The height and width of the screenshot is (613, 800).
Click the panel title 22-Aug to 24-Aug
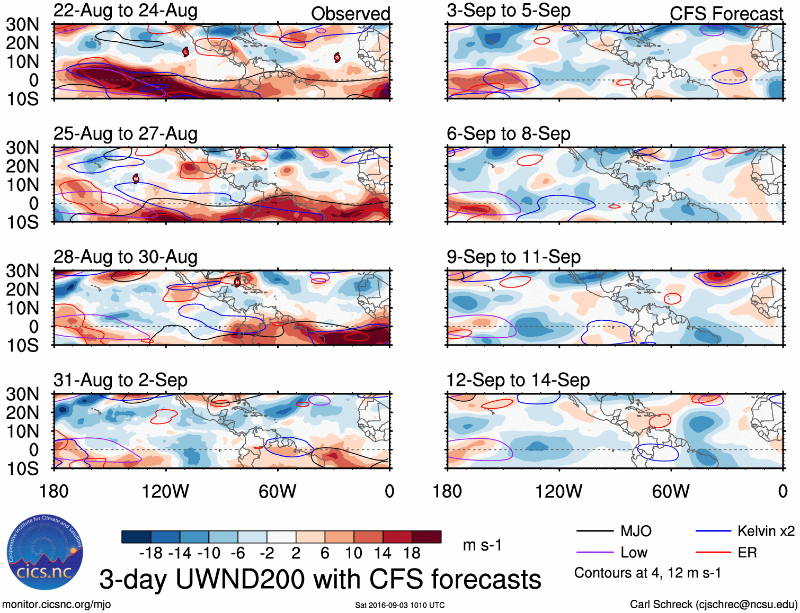point(126,11)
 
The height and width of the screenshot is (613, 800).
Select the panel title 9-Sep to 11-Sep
point(513,257)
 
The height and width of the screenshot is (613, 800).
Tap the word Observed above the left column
point(350,14)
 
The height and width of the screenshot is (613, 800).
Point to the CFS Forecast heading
point(726,14)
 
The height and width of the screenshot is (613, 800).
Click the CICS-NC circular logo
point(45,553)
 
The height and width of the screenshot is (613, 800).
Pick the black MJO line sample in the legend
point(595,531)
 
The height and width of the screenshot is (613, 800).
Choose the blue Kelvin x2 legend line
point(713,531)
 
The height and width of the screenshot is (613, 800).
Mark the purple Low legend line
point(595,553)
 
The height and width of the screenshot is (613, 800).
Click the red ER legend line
point(713,553)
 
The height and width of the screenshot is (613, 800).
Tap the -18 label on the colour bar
point(151,553)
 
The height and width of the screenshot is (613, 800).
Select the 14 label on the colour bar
point(383,553)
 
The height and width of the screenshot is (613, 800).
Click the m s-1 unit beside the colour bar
point(482,545)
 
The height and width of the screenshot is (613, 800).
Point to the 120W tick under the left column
point(165,491)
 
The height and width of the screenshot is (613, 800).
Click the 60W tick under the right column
point(671,491)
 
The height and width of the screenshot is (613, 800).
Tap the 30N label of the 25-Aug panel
point(23,148)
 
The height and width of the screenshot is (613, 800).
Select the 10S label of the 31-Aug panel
point(23,468)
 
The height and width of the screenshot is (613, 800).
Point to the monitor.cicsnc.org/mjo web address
point(56,604)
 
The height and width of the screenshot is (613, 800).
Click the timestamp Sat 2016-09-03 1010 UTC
point(400,605)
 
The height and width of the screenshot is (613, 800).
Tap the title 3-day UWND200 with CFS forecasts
point(320,579)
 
